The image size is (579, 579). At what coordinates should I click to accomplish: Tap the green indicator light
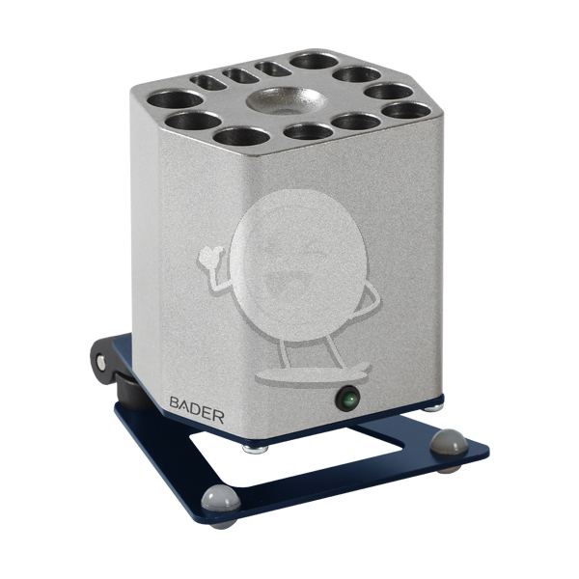click(x=347, y=399)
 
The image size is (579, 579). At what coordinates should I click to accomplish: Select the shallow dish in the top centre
click(x=287, y=99)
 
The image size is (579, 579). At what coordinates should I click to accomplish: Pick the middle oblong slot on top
click(x=240, y=75)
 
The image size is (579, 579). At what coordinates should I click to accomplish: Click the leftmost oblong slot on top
click(x=207, y=82)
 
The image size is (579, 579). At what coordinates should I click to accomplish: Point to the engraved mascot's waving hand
click(x=211, y=258)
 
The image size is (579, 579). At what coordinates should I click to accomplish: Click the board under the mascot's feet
click(x=313, y=373)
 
